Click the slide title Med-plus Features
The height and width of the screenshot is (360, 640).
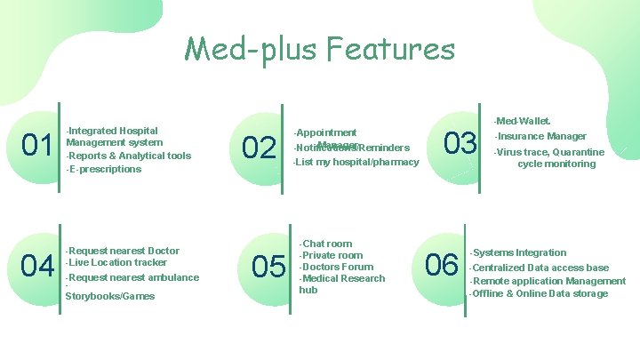(319, 48)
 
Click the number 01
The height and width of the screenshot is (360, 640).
(36, 144)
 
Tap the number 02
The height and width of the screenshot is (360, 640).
(259, 148)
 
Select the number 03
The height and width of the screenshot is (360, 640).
(460, 143)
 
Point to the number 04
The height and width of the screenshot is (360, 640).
(37, 265)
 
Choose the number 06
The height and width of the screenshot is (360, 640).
(442, 265)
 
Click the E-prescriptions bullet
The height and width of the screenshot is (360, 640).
(105, 169)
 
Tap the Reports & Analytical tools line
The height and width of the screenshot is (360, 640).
(130, 156)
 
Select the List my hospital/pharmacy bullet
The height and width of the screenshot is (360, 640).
(356, 162)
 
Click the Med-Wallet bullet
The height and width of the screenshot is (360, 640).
(524, 120)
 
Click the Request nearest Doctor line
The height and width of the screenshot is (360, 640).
(124, 251)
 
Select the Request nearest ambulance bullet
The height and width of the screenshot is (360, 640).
(133, 277)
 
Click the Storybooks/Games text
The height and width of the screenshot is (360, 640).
(110, 296)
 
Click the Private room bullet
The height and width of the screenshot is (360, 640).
(332, 255)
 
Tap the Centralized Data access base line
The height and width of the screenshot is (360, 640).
(540, 268)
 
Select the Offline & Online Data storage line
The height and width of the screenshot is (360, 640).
(539, 293)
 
